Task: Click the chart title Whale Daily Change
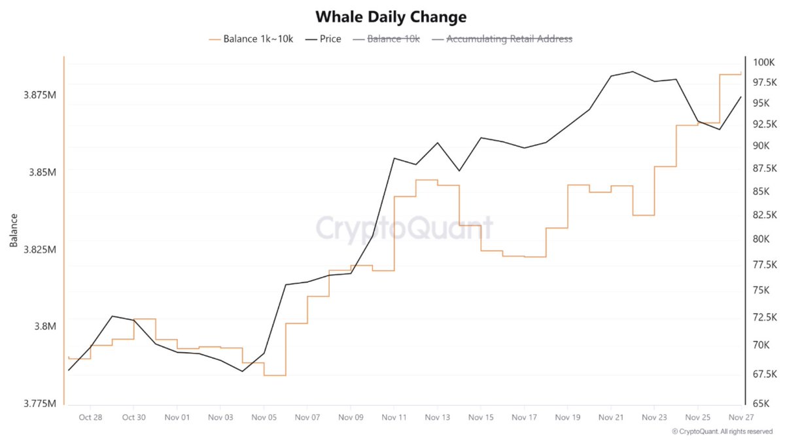pyautogui.click(x=391, y=16)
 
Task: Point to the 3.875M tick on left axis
pyautogui.click(x=39, y=95)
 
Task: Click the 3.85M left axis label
pyautogui.click(x=42, y=172)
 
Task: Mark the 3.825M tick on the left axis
pyautogui.click(x=39, y=249)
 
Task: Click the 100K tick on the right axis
pyautogui.click(x=763, y=62)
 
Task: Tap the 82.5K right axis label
pyautogui.click(x=764, y=215)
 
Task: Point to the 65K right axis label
pyautogui.click(x=763, y=404)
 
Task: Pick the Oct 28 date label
pyautogui.click(x=90, y=417)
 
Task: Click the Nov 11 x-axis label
pyautogui.click(x=394, y=417)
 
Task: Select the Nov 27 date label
pyautogui.click(x=741, y=417)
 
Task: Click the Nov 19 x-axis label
pyautogui.click(x=567, y=417)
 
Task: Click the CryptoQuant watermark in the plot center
pyautogui.click(x=404, y=229)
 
